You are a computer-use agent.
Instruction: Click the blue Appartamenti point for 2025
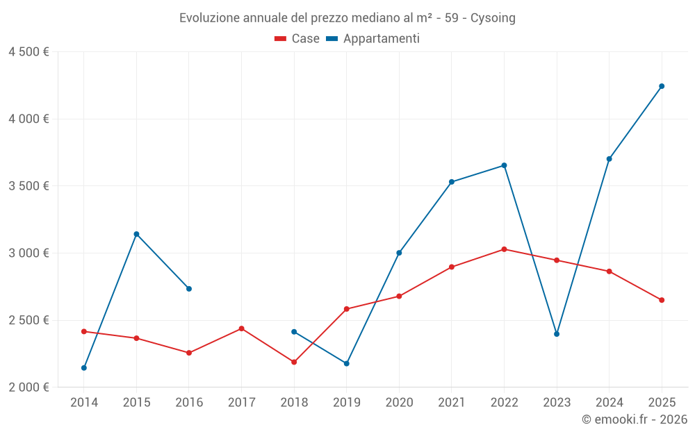(662, 86)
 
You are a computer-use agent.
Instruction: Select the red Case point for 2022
(504, 249)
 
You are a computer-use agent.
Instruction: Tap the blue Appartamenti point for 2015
(136, 234)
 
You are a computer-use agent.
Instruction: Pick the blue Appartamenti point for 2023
(557, 334)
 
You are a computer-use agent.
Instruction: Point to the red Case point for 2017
(241, 328)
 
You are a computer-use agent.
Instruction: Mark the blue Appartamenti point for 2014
(84, 368)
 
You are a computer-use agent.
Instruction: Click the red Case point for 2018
(294, 362)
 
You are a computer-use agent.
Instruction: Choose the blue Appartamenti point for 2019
(347, 364)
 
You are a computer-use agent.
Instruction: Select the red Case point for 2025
(662, 300)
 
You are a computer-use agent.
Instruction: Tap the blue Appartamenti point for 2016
(189, 289)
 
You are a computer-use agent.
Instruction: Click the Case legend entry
(297, 39)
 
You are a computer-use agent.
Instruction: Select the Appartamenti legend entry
(373, 39)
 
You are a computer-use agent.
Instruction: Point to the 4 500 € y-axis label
(28, 52)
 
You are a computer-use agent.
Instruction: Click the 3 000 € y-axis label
(28, 253)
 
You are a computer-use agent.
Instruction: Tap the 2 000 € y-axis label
(28, 387)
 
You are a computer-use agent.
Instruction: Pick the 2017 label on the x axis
(241, 403)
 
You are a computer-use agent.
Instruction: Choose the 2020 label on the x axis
(399, 403)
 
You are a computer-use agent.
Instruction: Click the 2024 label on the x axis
(610, 403)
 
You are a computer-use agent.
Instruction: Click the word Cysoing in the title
(493, 18)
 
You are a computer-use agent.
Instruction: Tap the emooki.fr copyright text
(635, 419)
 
